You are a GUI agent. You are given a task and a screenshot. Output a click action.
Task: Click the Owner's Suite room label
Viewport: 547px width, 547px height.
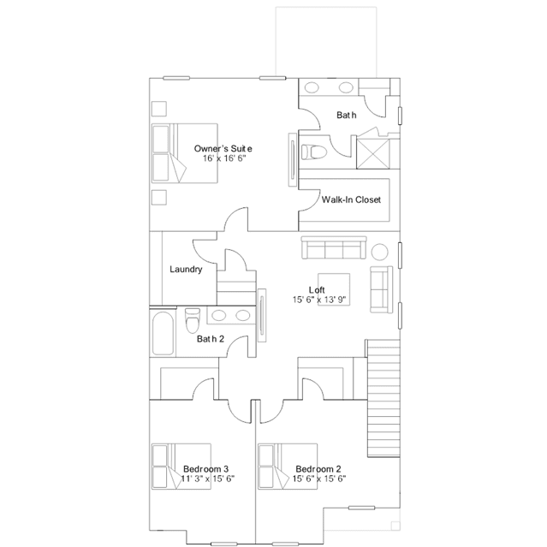223,149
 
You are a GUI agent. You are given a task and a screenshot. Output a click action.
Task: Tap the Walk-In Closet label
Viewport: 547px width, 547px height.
351,199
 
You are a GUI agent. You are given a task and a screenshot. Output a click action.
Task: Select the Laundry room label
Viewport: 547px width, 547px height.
186,270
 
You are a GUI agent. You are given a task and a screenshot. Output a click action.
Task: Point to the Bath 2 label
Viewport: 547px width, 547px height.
211,339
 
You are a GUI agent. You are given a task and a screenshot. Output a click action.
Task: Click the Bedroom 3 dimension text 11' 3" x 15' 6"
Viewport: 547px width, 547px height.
207,479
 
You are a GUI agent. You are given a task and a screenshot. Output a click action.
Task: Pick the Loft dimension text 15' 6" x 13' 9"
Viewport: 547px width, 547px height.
319,300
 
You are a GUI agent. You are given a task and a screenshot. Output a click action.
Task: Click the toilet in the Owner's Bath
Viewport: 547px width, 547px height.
314,152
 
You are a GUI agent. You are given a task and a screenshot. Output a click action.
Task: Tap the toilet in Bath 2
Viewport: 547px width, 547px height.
193,320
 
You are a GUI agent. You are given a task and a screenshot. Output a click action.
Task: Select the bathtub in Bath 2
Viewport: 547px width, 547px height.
163,333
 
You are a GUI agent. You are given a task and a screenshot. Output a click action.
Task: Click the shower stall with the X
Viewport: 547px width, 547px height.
372,153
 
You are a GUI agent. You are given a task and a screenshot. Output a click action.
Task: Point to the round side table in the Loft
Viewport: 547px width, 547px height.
379,251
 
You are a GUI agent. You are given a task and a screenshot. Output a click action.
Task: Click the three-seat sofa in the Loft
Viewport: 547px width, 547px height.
334,247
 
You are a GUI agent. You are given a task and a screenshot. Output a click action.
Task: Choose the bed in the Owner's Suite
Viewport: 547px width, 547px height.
185,152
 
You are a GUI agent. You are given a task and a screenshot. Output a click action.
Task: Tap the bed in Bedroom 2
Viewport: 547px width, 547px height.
288,467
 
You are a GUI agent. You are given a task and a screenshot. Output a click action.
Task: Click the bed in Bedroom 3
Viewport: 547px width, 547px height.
181,467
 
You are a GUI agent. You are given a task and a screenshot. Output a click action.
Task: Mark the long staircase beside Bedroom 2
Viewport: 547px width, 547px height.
383,398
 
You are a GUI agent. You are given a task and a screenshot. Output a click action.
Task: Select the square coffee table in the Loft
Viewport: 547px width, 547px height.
334,289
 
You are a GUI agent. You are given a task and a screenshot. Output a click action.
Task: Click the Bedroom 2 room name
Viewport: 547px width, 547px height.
318,469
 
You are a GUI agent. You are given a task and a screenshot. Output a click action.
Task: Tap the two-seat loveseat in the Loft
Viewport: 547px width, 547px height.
381,289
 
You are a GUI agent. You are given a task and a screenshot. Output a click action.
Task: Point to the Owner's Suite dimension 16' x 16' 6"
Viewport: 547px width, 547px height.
224,158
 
